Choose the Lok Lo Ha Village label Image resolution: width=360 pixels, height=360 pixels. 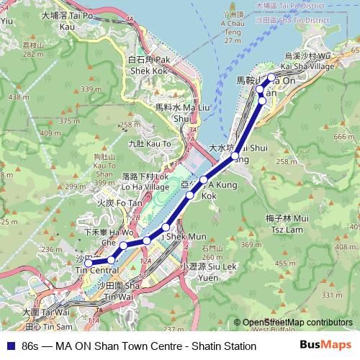[x=145, y=180]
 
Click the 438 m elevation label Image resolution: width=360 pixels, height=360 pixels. [x=14, y=96]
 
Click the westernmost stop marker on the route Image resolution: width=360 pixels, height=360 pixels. [x=89, y=264]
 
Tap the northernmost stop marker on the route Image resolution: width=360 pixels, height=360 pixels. [x=271, y=77]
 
